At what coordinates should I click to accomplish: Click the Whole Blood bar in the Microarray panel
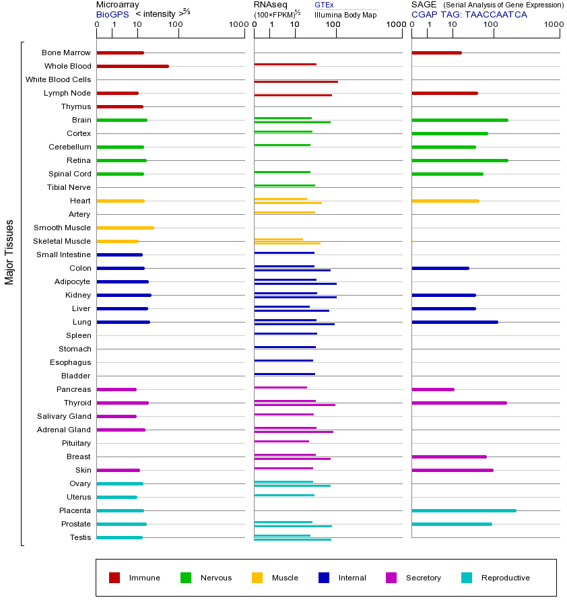133,66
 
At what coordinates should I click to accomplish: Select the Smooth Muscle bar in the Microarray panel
125,228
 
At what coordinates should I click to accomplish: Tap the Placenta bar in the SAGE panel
463,510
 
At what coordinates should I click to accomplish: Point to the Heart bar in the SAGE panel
445,201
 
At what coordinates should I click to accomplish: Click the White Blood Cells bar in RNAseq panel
296,81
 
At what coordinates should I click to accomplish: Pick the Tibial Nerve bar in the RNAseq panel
284,185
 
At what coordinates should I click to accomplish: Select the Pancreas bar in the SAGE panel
432,389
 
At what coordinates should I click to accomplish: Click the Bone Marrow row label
66,53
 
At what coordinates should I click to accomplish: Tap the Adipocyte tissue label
72,281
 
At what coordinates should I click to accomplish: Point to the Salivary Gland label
64,416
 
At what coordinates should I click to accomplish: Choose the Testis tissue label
80,537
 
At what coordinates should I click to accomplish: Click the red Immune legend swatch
114,578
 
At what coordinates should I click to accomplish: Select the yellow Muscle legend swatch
257,578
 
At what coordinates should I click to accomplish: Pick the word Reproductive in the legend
505,578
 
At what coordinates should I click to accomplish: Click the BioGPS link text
112,14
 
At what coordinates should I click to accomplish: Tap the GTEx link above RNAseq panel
324,5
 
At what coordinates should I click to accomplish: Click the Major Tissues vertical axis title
9,252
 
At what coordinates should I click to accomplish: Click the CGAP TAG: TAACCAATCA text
469,14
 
